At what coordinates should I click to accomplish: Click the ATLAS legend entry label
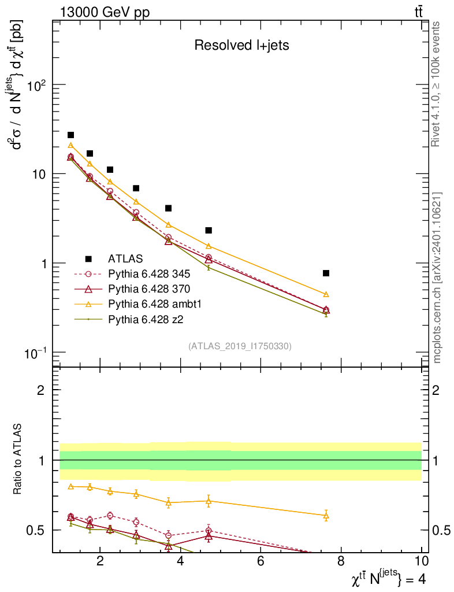pos(125,258)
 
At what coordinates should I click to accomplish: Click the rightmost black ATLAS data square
pos(326,273)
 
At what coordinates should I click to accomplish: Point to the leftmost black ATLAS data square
pos(70,135)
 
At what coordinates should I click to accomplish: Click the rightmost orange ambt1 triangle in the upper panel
pos(326,294)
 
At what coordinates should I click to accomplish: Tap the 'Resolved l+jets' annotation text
pos(241,46)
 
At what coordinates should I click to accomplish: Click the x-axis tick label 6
pos(261,561)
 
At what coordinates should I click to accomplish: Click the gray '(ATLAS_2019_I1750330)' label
pos(240,346)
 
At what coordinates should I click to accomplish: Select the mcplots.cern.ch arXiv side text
pos(438,277)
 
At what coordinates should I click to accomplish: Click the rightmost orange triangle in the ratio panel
pos(326,515)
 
